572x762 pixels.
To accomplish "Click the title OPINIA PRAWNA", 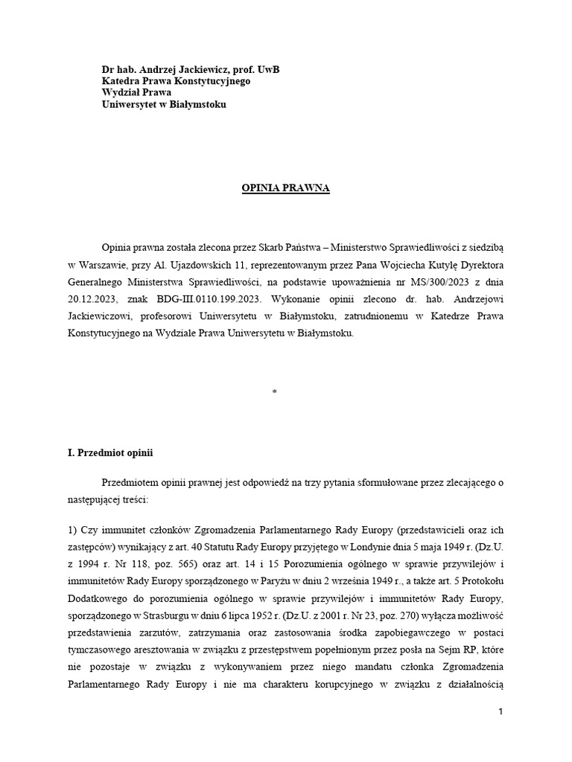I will pos(285,189).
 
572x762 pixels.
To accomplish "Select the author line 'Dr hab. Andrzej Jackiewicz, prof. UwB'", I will pos(191,69).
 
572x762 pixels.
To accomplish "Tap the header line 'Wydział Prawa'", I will pos(137,93).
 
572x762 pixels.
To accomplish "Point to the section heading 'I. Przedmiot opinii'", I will pos(110,452).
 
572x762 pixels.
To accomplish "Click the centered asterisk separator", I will pos(274,392).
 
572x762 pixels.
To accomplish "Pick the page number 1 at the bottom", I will pos(501,712).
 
